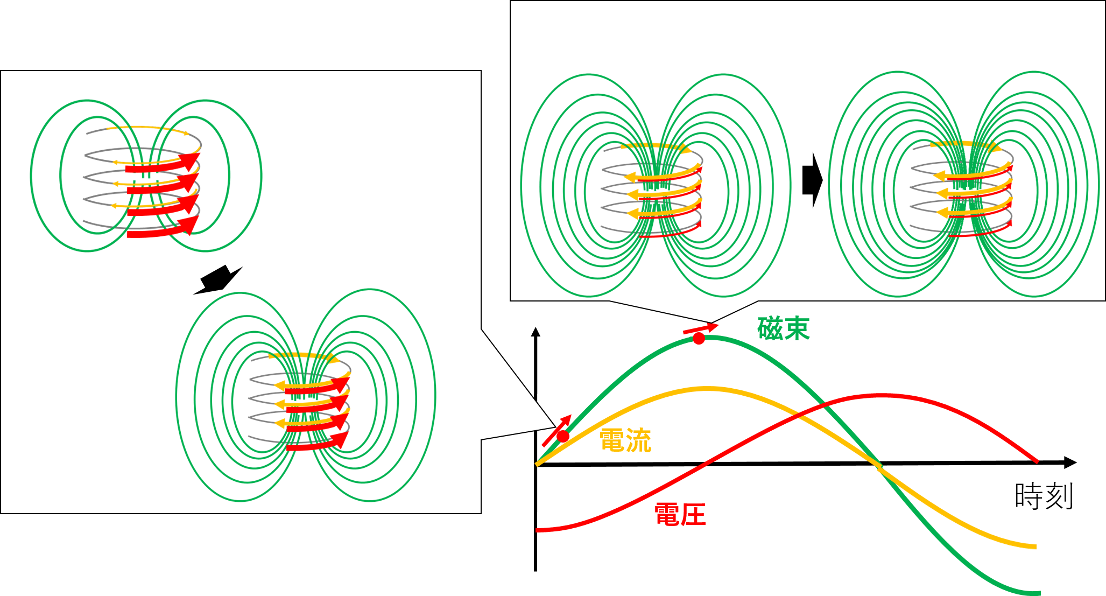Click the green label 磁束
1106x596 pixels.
[x=783, y=328]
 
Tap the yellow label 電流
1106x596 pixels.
[x=625, y=440]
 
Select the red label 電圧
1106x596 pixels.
[x=680, y=514]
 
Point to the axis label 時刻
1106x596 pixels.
[x=1044, y=496]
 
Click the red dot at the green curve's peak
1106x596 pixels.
[x=699, y=339]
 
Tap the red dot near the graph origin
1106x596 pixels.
[x=563, y=436]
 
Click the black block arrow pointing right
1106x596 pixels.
[x=813, y=180]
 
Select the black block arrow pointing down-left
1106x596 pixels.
[x=218, y=281]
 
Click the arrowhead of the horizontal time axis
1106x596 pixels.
[x=1070, y=462]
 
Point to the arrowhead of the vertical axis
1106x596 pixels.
[x=536, y=332]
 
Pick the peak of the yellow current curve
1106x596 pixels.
[x=707, y=388]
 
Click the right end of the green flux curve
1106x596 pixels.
[x=1039, y=593]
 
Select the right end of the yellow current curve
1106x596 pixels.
[x=1035, y=547]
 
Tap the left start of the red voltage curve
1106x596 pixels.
[x=538, y=530]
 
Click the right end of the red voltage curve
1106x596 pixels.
[x=1037, y=461]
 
